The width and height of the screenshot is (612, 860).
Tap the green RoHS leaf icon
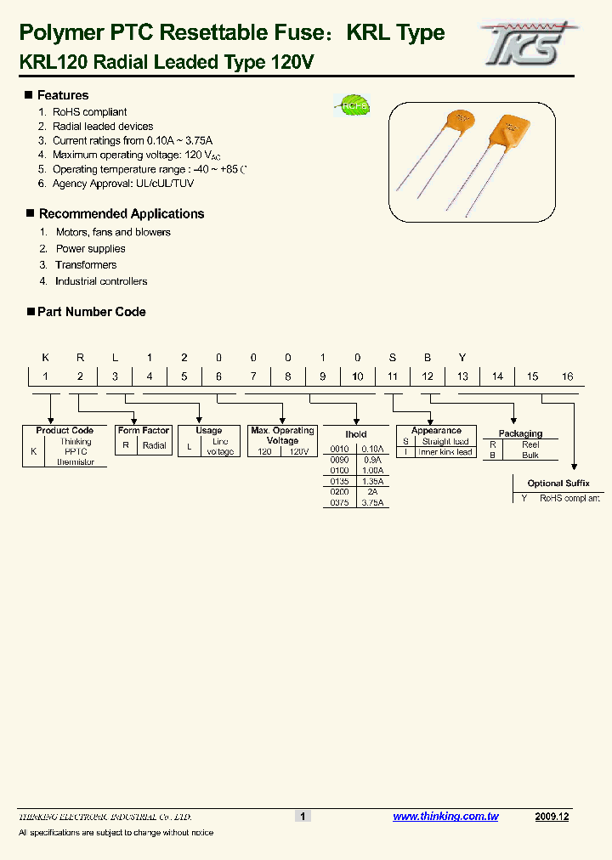pyautogui.click(x=350, y=106)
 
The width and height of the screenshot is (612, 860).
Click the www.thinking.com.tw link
pyautogui.click(x=445, y=817)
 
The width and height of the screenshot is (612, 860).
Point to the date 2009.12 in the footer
pyautogui.click(x=552, y=817)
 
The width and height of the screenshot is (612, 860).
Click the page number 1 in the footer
pyautogui.click(x=303, y=817)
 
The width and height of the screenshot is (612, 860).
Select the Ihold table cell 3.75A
pyautogui.click(x=372, y=503)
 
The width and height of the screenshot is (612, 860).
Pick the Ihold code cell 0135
pyautogui.click(x=340, y=481)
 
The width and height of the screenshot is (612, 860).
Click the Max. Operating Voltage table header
pyautogui.click(x=282, y=435)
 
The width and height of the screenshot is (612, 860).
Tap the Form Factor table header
pyautogui.click(x=144, y=431)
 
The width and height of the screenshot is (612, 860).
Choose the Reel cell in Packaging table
pyautogui.click(x=530, y=444)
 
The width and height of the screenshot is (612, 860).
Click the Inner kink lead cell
pyautogui.click(x=445, y=452)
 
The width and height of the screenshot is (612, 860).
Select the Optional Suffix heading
pyautogui.click(x=558, y=484)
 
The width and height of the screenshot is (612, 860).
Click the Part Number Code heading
pyautogui.click(x=91, y=312)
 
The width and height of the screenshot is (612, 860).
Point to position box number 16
pyautogui.click(x=567, y=376)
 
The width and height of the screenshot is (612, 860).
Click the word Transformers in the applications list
pyautogui.click(x=86, y=265)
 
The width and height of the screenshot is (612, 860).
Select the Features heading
pyautogui.click(x=62, y=95)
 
